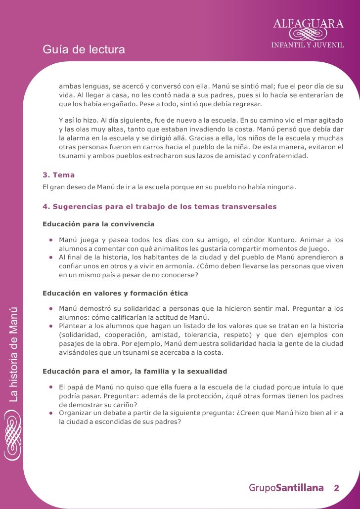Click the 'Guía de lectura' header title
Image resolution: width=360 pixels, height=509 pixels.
(84, 50)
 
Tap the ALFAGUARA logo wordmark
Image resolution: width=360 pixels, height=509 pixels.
(309, 22)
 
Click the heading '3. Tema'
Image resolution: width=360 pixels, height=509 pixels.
(59, 175)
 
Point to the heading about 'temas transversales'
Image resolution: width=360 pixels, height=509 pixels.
(159, 206)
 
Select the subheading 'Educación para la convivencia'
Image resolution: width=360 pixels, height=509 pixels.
(98, 224)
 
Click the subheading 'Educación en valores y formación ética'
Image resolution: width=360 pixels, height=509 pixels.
(115, 293)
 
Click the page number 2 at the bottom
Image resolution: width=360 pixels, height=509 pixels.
(336, 488)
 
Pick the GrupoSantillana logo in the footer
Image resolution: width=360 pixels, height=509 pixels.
(286, 488)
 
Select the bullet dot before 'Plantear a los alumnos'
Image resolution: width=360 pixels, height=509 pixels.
(51, 326)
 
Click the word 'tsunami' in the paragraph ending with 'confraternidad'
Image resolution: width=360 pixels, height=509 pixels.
(72, 156)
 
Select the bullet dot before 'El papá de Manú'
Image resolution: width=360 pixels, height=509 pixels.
(51, 387)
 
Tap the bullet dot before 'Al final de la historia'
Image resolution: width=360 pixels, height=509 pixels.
(51, 257)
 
